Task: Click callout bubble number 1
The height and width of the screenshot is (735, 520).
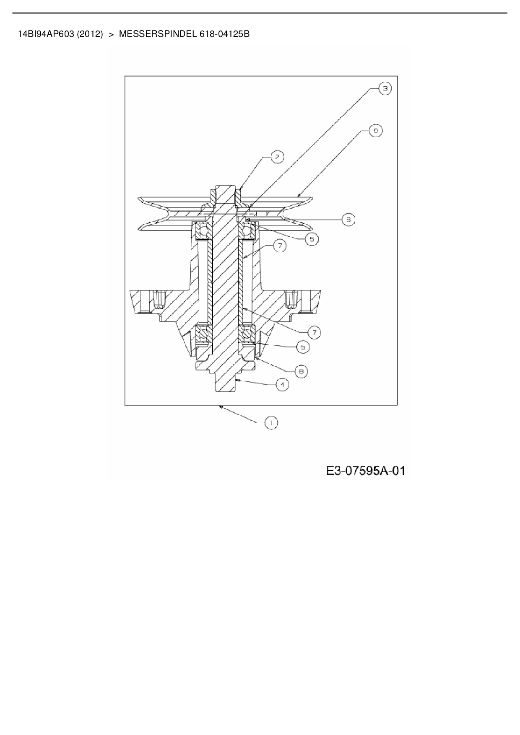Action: coord(271,423)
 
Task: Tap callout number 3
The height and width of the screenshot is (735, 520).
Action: coord(385,88)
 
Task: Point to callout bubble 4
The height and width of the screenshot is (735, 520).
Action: coord(282,384)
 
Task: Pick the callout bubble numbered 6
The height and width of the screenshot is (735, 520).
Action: coord(348,219)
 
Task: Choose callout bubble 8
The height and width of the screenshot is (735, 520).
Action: coord(301,371)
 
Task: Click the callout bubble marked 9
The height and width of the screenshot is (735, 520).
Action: coord(375,131)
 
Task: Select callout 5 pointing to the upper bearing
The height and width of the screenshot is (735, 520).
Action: coord(312,239)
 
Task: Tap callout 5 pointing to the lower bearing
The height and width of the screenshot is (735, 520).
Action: coord(302,347)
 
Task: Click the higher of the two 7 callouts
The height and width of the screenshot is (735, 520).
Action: coord(280,246)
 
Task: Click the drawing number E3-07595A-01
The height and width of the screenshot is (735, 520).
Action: coord(366,471)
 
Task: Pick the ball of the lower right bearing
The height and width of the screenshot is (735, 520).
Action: coord(247,334)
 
